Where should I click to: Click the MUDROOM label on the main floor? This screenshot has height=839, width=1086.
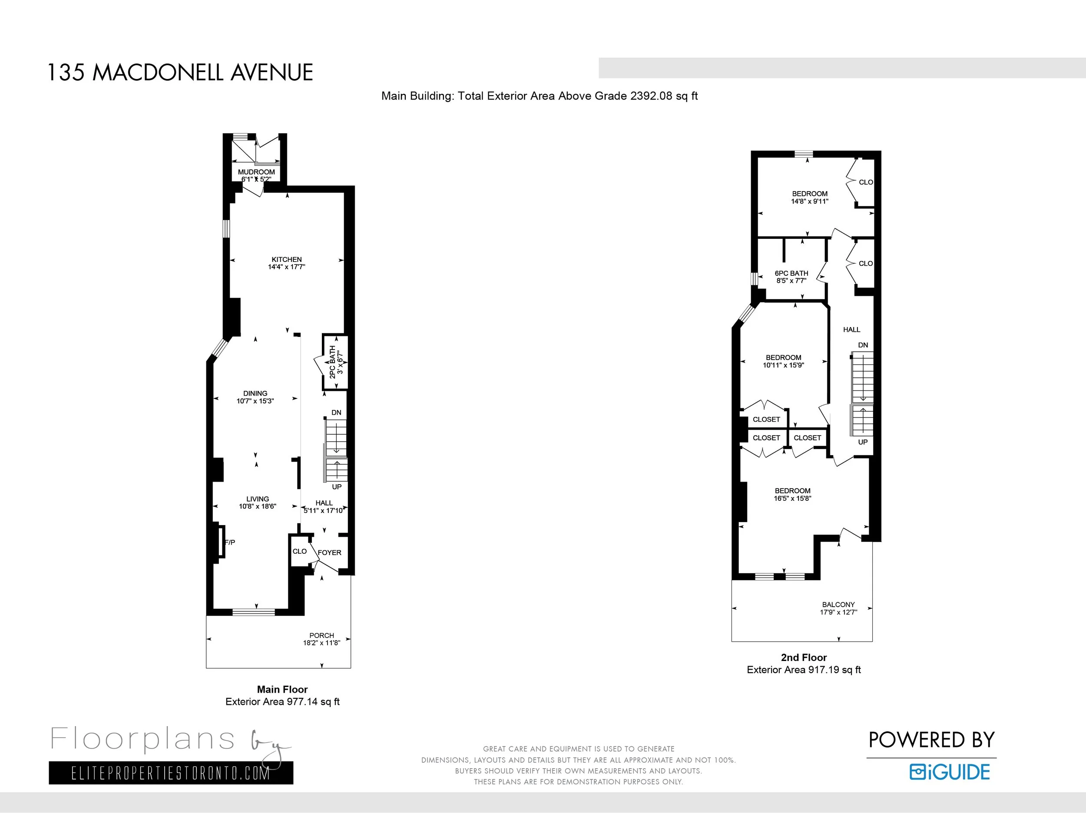[256, 172]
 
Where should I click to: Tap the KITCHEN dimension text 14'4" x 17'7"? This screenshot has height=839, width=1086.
[286, 267]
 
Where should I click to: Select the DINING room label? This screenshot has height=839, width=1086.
[255, 393]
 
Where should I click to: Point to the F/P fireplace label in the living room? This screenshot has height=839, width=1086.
[230, 542]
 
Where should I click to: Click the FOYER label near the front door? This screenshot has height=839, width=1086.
[329, 553]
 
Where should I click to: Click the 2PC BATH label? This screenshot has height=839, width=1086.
[333, 362]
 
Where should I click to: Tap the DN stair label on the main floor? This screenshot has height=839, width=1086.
[336, 413]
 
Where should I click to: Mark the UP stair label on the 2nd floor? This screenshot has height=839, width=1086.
[863, 442]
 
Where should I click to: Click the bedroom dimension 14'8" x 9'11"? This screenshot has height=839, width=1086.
[810, 201]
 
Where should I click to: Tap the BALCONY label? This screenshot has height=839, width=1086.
[838, 604]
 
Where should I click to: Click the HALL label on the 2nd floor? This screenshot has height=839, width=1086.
[851, 330]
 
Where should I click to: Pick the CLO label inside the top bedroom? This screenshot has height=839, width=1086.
[865, 182]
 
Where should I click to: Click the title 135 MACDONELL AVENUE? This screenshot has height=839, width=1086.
[180, 73]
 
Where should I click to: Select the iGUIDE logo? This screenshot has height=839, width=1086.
[949, 772]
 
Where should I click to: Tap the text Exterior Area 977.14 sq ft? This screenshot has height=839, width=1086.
[282, 702]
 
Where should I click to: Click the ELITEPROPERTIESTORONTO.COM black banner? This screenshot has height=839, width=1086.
[171, 773]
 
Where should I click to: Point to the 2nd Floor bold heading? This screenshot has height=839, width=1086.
[804, 657]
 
